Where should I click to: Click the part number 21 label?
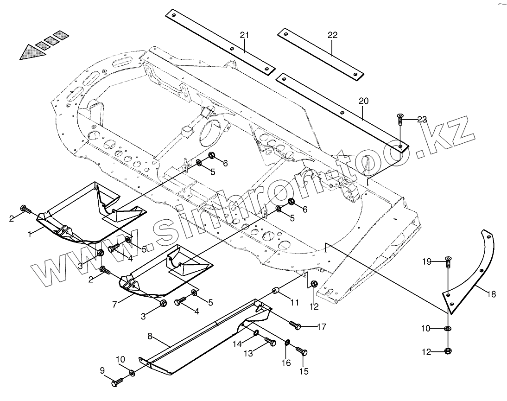click(x=245, y=36)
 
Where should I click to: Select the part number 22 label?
click(x=332, y=35)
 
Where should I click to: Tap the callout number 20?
click(x=363, y=101)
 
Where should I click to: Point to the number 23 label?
click(x=421, y=120)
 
